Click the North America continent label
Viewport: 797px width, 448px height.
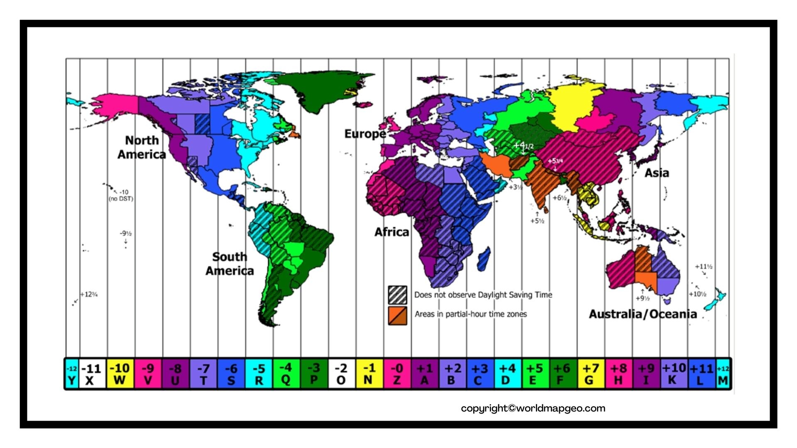(x=142, y=147)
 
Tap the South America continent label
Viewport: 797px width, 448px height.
(x=230, y=264)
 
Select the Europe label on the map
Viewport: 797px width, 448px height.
(x=365, y=134)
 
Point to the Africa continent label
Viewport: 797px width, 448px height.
(x=391, y=232)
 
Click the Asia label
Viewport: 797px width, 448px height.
(x=656, y=173)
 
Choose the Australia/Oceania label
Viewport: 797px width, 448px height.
(x=643, y=314)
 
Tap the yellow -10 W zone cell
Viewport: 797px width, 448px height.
(x=120, y=374)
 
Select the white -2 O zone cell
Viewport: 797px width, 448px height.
(x=341, y=374)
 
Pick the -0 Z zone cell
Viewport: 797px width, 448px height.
(x=397, y=374)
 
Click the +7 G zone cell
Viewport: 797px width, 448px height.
(x=590, y=374)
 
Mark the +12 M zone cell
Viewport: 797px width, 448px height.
(x=723, y=374)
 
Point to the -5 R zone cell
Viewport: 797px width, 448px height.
(x=259, y=374)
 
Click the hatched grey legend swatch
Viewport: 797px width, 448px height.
(x=397, y=295)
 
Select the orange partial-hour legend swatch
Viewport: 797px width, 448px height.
(x=397, y=315)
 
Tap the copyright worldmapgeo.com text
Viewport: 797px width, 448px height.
(x=533, y=408)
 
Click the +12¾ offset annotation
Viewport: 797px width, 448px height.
(x=89, y=295)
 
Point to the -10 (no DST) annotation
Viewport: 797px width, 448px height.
(x=121, y=195)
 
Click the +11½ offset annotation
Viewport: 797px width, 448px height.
(x=704, y=266)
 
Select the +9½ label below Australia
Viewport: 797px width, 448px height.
(x=642, y=298)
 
